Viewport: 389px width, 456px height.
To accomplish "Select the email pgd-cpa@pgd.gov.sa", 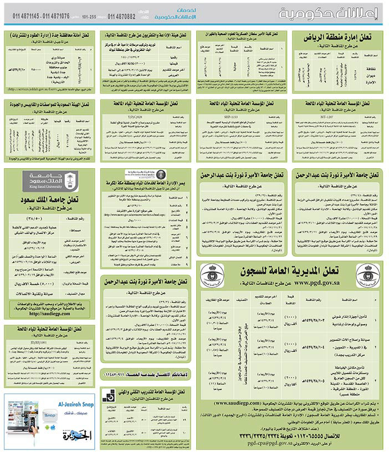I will [261, 442].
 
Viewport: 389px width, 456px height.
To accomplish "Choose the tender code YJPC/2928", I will [147, 118].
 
